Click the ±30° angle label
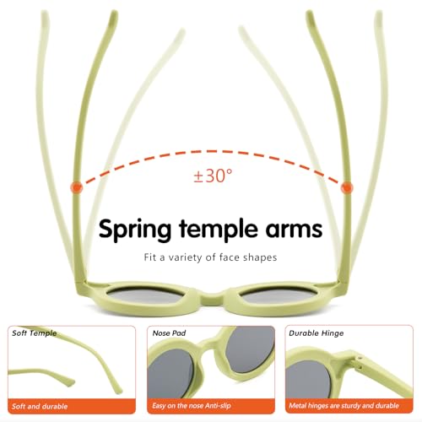[213, 176]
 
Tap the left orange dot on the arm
[76, 187]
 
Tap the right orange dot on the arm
[347, 187]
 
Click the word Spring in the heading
[135, 230]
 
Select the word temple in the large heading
[219, 230]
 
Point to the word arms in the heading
[294, 230]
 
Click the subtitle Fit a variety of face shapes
[210, 257]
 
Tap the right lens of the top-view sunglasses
[278, 295]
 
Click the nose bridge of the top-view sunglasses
[211, 298]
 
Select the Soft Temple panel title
[35, 333]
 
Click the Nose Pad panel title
[169, 333]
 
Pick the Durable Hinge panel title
[316, 333]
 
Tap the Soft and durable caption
[40, 406]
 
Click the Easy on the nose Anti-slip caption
[192, 406]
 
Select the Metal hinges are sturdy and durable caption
[344, 406]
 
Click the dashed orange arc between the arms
[211, 152]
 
